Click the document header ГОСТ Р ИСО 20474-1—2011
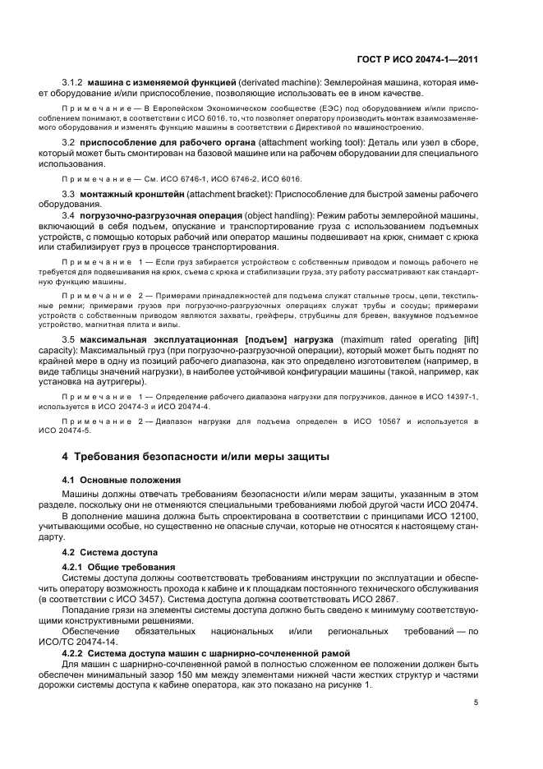tap(421, 59)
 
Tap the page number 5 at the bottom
tap(476, 702)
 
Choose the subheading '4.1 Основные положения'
tap(119, 479)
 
